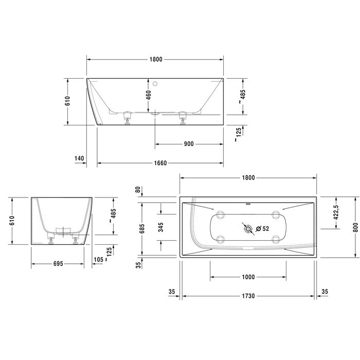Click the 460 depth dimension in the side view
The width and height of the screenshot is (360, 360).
pos(149,95)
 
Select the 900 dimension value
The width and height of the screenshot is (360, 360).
pos(188,144)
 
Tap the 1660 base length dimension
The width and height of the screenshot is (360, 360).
pos(160,163)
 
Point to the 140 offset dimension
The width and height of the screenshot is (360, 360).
pos(79,158)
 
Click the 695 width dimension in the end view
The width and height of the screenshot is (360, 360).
pos(57,263)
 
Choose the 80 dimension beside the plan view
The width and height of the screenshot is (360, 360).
pos(138,189)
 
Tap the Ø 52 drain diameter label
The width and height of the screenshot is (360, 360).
pos(262,228)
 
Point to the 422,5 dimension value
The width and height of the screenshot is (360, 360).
pos(335,212)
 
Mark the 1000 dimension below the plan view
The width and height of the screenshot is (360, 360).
pos(248,277)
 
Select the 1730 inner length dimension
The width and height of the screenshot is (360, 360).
pos(248,296)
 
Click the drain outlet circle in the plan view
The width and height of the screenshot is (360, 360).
pos(248,228)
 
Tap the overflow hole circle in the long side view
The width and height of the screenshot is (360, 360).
pos(156,82)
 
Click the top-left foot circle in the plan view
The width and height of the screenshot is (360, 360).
pos(221,213)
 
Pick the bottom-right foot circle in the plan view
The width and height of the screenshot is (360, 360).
pos(275,238)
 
